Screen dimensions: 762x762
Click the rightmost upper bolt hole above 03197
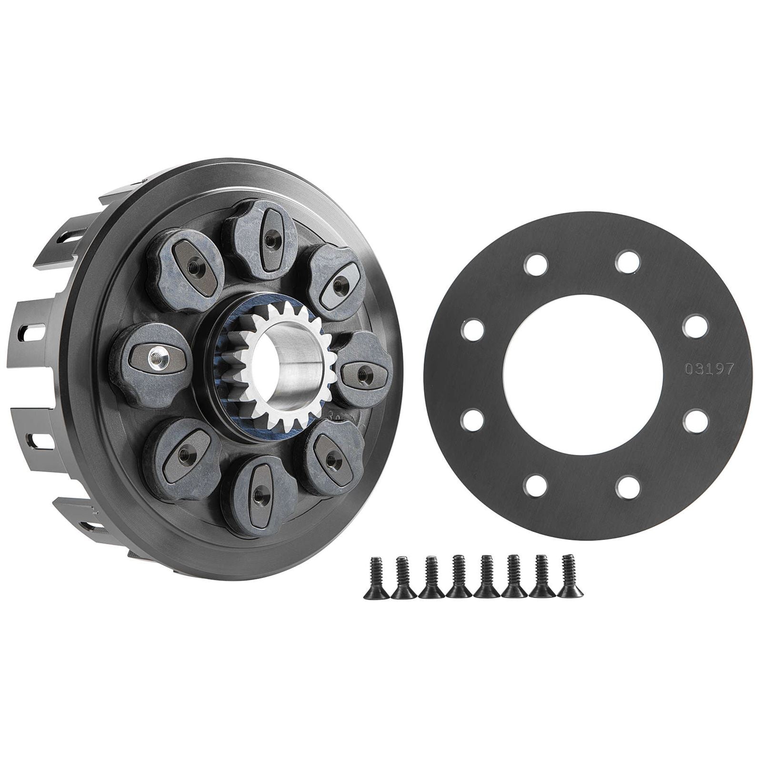pyautogui.click(x=692, y=324)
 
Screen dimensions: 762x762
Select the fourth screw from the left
pyautogui.click(x=458, y=576)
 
